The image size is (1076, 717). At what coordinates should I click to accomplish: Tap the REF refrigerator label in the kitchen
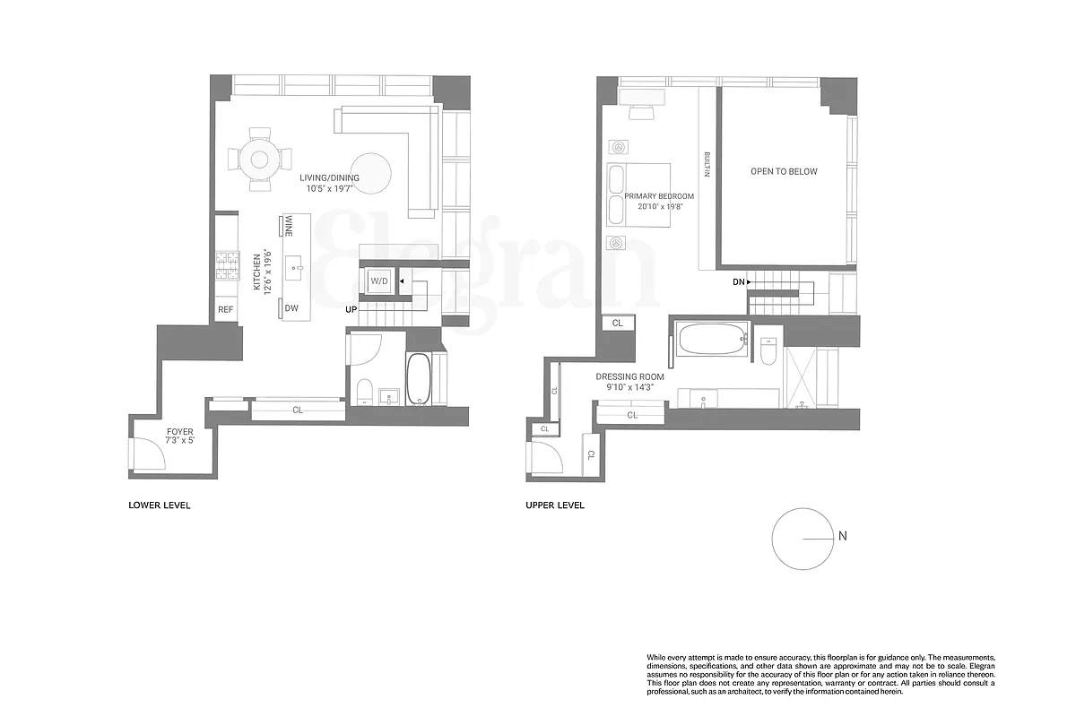(x=225, y=310)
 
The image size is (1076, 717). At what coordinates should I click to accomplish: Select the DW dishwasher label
(x=291, y=308)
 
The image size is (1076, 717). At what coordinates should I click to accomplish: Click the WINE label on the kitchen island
(x=289, y=226)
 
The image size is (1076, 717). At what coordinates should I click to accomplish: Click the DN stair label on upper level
(x=736, y=282)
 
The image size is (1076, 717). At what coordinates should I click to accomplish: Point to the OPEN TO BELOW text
(x=784, y=171)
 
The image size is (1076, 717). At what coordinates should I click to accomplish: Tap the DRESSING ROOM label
(x=629, y=377)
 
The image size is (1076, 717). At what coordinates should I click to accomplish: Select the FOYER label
(x=179, y=432)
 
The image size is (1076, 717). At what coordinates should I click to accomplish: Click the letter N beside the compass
(x=842, y=537)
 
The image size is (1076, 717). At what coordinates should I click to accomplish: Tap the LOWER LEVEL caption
(x=160, y=505)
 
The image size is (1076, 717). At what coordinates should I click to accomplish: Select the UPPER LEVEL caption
(x=555, y=505)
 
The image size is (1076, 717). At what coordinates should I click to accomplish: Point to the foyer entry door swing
(x=148, y=455)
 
